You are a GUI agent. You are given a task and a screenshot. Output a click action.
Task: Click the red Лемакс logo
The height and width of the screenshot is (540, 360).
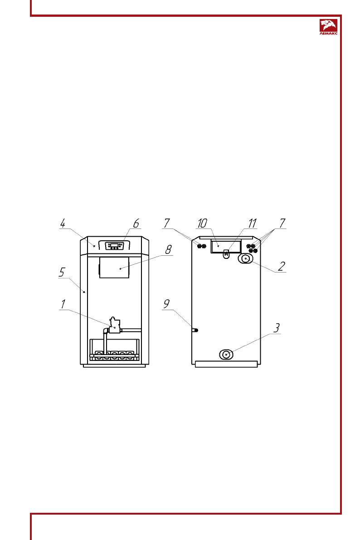point(328,27)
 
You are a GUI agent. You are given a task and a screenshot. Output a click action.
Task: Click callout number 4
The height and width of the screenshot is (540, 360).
point(63,224)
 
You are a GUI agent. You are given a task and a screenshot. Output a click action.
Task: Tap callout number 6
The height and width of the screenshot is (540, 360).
point(136,224)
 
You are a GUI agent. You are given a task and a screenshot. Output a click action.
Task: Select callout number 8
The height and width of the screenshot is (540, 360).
point(168,250)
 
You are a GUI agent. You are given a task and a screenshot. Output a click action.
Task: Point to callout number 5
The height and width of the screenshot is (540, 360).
point(62,272)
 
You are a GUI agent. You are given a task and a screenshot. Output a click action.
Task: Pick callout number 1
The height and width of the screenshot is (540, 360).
point(63,304)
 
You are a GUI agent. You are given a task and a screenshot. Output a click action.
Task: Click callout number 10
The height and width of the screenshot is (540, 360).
point(202,224)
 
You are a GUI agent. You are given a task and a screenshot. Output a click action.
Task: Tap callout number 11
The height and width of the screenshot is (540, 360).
point(253,224)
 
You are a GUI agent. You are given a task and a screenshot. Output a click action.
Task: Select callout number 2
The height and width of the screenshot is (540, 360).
point(282,267)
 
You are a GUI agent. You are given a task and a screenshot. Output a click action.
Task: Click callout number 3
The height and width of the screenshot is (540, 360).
point(276,328)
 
